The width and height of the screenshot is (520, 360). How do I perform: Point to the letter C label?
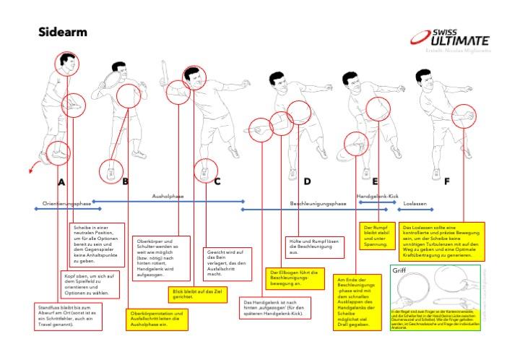point(217,181)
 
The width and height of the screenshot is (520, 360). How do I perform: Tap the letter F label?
point(447,181)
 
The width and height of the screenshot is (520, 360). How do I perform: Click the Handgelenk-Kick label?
point(378,196)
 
